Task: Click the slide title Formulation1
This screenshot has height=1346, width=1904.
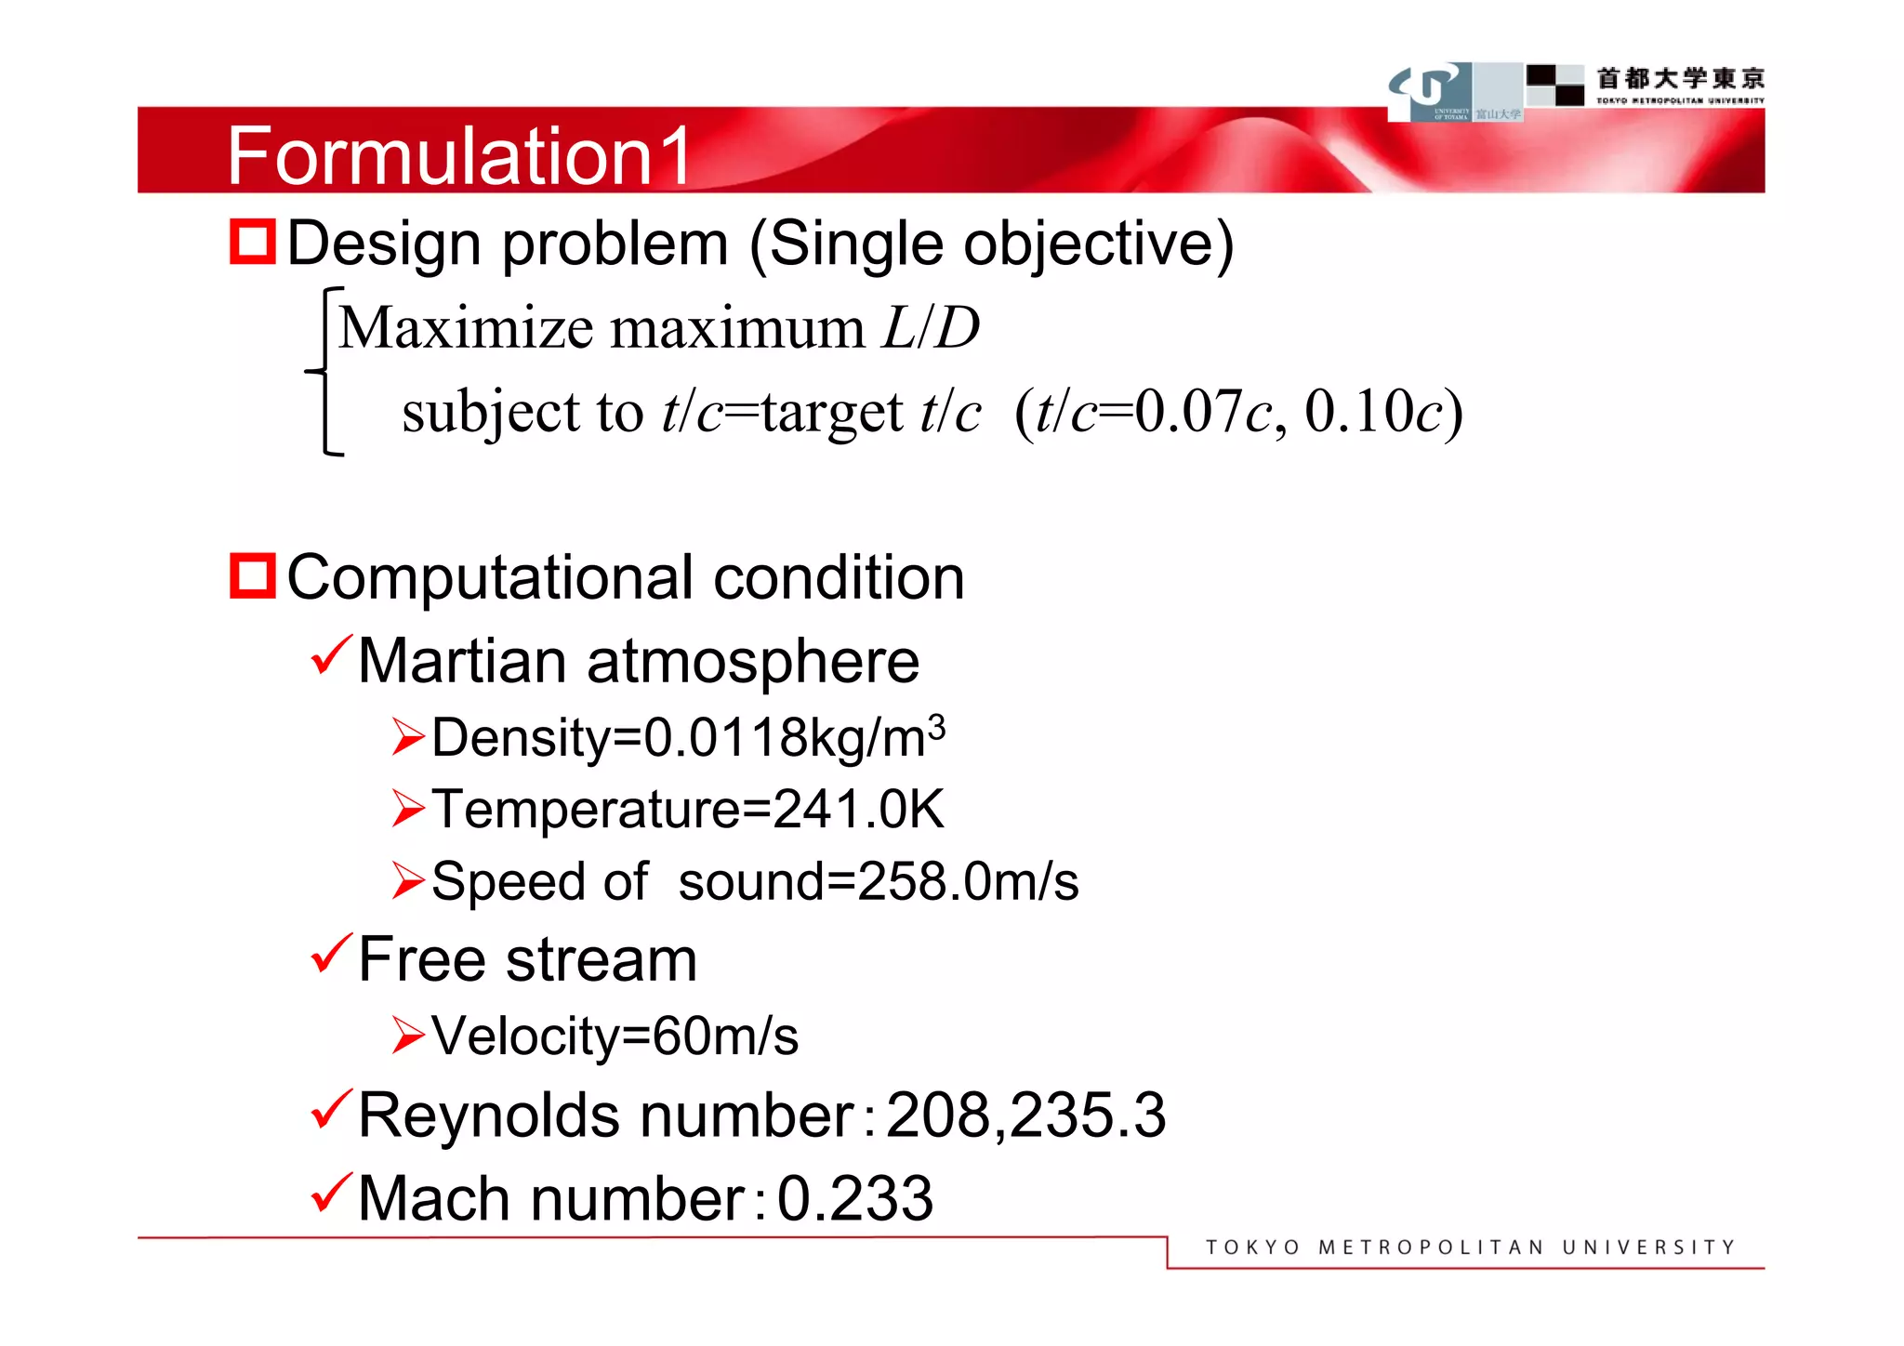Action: (459, 155)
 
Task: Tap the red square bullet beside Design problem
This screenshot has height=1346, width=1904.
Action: (253, 243)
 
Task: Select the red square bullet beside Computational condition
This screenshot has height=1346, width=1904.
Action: (253, 576)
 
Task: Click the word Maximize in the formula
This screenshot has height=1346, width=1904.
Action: (466, 328)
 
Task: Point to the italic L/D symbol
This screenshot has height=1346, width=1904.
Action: (931, 328)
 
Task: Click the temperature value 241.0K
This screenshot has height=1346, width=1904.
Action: (857, 809)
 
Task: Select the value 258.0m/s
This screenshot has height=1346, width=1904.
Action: (967, 881)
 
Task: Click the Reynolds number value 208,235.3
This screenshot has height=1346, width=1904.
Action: (1025, 1115)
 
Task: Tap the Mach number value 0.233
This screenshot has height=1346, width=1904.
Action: (854, 1198)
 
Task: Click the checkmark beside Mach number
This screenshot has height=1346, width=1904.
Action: (331, 1193)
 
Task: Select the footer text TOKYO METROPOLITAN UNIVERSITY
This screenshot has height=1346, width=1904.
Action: (1470, 1247)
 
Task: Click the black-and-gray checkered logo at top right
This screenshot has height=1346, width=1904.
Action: (1555, 85)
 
